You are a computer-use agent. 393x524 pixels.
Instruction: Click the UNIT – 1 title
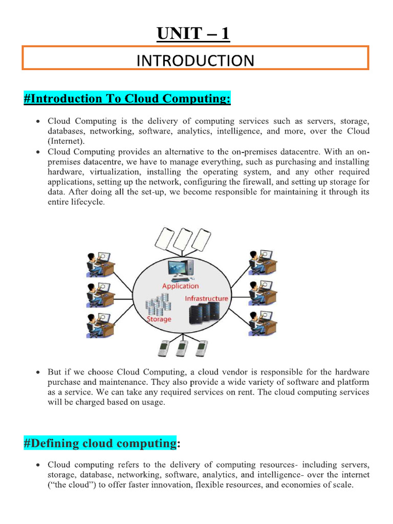(193, 34)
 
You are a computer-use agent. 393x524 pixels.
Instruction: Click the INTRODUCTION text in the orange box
(195, 61)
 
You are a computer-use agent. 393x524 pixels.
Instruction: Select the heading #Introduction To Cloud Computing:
(127, 98)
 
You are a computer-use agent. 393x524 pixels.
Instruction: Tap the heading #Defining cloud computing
(100, 443)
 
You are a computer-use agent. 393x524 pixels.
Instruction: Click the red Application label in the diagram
(180, 286)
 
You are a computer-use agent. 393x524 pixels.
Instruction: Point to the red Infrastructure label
(206, 298)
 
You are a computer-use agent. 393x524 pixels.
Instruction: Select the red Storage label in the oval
(159, 319)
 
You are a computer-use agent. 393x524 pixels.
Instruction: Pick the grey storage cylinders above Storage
(158, 305)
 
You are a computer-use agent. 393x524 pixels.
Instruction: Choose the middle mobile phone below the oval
(180, 348)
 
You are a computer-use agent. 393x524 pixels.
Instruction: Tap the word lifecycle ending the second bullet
(90, 202)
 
